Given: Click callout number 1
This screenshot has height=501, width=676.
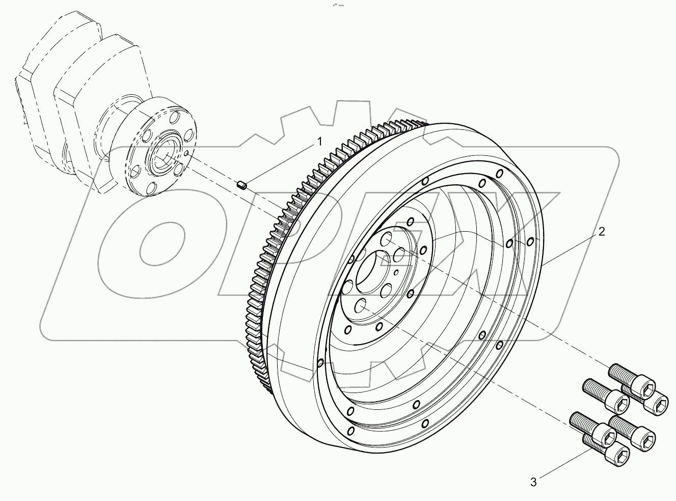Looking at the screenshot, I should click(320, 141).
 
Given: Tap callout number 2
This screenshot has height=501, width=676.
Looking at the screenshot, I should click(602, 232).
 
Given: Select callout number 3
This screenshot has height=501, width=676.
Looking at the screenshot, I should click(533, 482).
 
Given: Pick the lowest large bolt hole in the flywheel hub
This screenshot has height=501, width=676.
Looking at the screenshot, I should click(361, 305).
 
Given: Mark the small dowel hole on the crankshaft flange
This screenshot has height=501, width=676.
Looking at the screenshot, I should click(187, 152).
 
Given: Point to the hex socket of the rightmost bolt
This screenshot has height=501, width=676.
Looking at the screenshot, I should click(660, 404).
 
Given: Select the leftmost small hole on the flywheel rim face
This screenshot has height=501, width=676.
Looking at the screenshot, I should click(320, 363).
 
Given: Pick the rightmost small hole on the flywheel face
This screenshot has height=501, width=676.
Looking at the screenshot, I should click(530, 240).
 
